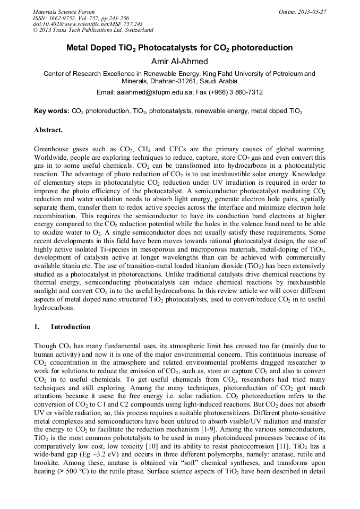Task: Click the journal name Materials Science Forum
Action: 64,11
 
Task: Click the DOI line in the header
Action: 87,24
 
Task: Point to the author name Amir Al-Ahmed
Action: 179,62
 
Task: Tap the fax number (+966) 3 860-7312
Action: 237,92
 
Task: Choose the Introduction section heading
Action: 70,327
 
